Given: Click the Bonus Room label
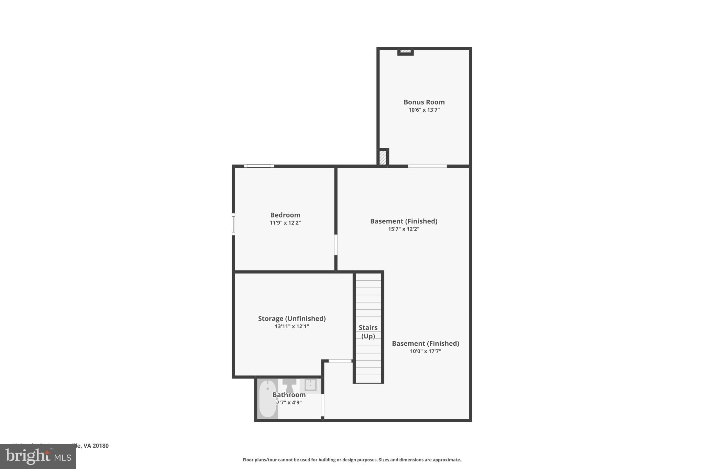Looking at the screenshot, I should [424, 102].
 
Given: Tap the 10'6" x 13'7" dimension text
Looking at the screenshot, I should [424, 110].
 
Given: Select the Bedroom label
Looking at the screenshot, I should [285, 215].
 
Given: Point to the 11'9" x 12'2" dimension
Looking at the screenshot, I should [285, 223].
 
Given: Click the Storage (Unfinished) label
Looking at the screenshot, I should [292, 319].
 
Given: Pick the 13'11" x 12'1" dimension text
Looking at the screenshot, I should [292, 326].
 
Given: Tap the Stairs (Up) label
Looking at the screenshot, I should [368, 332].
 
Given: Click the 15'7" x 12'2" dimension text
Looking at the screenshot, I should [404, 229].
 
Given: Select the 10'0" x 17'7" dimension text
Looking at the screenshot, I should [425, 351].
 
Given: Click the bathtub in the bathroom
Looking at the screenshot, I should [267, 399].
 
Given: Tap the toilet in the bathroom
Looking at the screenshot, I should [289, 385].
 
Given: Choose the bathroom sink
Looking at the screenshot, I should [310, 385].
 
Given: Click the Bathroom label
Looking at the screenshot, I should [289, 395].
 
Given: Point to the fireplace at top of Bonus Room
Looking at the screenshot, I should [405, 52].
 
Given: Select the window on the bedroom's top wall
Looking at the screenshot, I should [259, 166].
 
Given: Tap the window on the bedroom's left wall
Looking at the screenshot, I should [233, 224].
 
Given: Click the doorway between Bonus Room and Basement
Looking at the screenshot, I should [427, 166].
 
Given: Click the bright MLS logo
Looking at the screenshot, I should [38, 456].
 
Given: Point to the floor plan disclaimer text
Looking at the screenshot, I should [352, 460].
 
